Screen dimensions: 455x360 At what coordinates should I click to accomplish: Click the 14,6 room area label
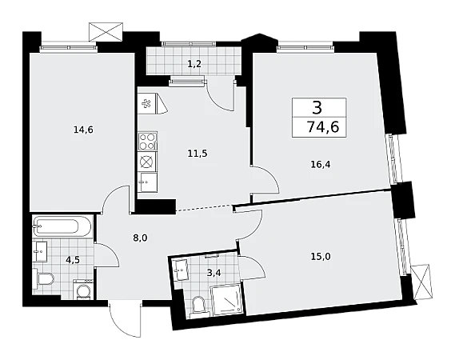(83, 130)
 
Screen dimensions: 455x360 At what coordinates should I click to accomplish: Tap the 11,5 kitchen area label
(198, 153)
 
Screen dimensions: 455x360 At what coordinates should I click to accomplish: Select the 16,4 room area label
(321, 165)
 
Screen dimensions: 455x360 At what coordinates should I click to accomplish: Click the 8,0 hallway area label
(141, 238)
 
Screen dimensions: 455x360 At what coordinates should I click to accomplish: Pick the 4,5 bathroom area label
(73, 260)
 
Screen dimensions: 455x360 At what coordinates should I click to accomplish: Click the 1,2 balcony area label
(194, 64)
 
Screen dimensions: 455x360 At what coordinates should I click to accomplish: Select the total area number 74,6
(323, 127)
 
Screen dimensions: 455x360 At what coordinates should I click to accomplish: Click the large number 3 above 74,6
(317, 108)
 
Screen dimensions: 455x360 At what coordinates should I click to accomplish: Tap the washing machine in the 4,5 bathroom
(83, 290)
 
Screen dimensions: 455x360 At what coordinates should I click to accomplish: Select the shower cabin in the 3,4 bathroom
(227, 299)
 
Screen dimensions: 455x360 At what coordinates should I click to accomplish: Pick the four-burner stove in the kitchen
(148, 141)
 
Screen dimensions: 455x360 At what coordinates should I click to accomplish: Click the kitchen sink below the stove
(147, 182)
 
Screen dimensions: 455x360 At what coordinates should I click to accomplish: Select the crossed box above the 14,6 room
(106, 31)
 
